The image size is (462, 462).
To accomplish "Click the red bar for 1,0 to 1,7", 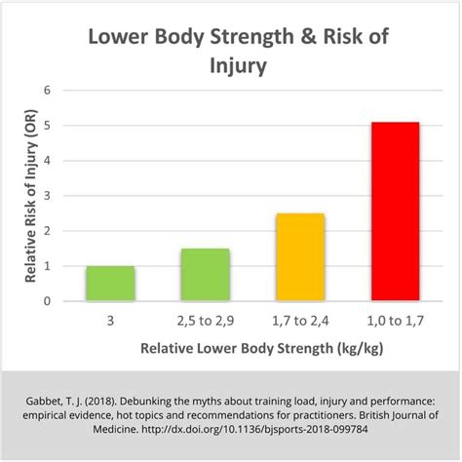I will [395, 212].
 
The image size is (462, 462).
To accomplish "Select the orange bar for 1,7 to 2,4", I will [300, 257].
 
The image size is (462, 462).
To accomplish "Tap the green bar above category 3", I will [110, 284].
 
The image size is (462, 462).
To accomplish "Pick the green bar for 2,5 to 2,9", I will [205, 275].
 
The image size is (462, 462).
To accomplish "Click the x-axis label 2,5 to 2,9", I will [205, 319].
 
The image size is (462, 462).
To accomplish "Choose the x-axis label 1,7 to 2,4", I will [300, 319].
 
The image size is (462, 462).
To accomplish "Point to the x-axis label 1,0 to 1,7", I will [395, 319].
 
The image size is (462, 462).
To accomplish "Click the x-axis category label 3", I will [110, 319].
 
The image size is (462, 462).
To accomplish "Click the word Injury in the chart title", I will [231, 68].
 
